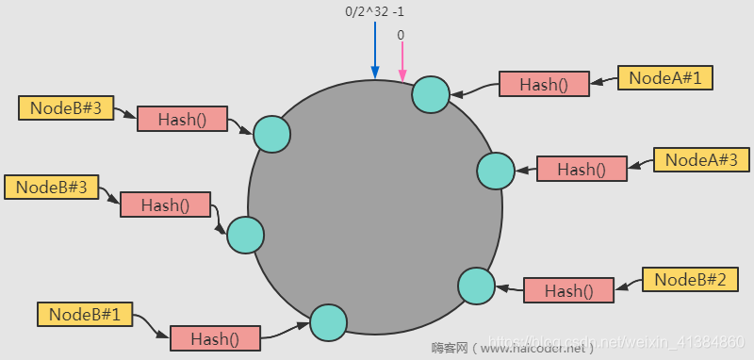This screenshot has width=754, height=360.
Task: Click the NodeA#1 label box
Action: click(665, 78)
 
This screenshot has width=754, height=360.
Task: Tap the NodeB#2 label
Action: click(690, 279)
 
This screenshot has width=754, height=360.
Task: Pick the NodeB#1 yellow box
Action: click(84, 314)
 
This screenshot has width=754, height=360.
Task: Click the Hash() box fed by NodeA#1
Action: click(544, 84)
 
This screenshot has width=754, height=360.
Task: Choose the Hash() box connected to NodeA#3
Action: click(582, 170)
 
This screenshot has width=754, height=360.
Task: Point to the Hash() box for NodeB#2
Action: click(568, 290)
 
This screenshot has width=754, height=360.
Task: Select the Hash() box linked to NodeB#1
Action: click(215, 337)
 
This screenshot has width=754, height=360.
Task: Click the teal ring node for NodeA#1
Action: click(432, 94)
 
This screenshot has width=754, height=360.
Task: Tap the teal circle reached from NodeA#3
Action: click(496, 172)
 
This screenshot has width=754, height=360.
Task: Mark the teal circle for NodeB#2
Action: click(476, 285)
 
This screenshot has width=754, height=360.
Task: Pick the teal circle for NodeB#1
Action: click(329, 322)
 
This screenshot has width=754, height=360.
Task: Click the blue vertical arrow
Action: click(374, 52)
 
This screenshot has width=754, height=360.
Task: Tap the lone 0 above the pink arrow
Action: click(401, 35)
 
